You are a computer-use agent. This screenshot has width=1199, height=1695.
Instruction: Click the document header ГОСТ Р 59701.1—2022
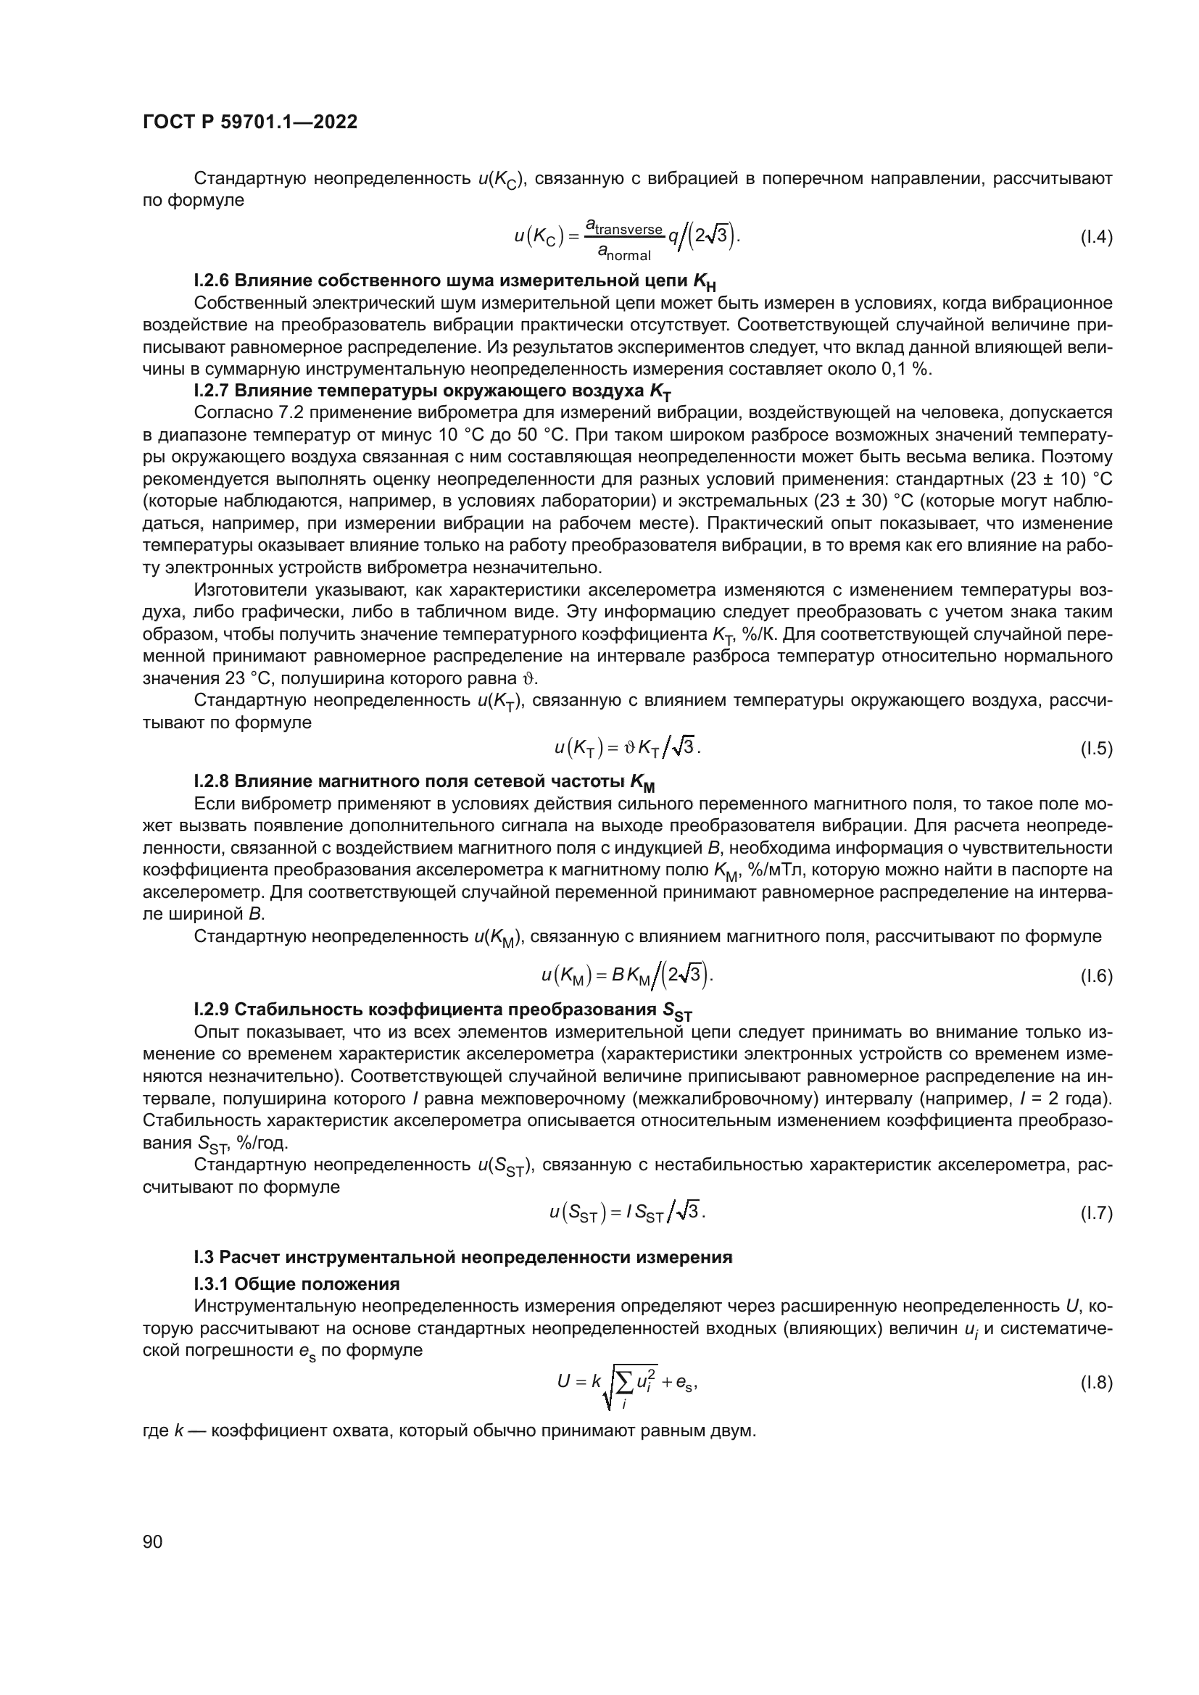click(x=249, y=122)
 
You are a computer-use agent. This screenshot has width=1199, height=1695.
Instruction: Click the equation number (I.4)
click(x=1095, y=238)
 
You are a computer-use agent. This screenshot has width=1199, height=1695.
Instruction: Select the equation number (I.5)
click(x=1095, y=749)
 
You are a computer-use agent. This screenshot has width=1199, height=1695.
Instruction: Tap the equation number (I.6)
click(x=1095, y=977)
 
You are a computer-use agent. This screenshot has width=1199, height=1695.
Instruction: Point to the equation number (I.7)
click(x=1095, y=1213)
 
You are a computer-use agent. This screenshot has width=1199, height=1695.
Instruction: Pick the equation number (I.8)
click(x=1095, y=1383)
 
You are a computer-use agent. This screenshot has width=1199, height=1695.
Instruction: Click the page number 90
click(x=152, y=1542)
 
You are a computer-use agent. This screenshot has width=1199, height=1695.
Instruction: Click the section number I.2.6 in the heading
click(x=212, y=281)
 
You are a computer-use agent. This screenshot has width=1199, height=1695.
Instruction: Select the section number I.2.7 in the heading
click(x=212, y=391)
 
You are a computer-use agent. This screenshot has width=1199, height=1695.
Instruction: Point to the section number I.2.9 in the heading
click(x=212, y=1010)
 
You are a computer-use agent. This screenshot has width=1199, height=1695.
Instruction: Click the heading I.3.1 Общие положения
click(x=296, y=1284)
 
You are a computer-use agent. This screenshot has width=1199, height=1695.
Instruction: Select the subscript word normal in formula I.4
click(x=628, y=256)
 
